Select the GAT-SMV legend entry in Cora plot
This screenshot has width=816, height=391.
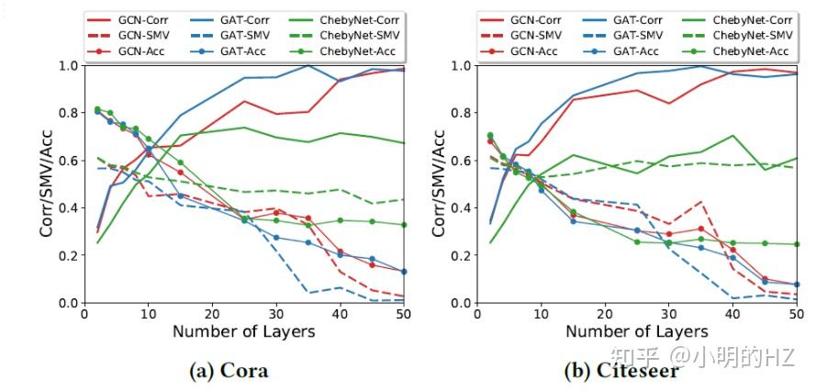tap(240, 34)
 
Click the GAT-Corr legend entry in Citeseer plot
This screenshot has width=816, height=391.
tap(632, 18)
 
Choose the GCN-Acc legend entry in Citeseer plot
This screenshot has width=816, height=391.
tap(529, 50)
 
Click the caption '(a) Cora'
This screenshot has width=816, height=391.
tap(229, 371)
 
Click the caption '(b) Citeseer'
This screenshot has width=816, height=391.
tap(620, 371)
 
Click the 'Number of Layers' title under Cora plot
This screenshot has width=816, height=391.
tap(242, 331)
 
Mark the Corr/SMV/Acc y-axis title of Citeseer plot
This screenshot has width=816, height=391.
tap(440, 184)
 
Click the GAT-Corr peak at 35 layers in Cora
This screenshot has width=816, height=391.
tap(308, 65)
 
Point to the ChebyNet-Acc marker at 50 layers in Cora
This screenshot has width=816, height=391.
tap(404, 225)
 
